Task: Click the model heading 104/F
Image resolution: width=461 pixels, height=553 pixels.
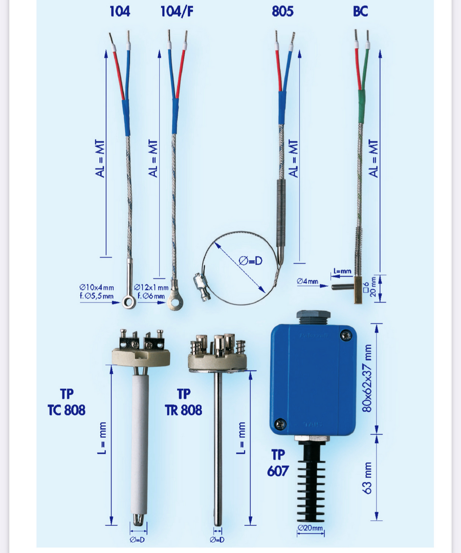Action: [x=177, y=12]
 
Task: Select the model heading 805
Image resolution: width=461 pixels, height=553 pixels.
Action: [x=282, y=11]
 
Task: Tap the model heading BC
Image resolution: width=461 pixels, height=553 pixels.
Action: [x=361, y=11]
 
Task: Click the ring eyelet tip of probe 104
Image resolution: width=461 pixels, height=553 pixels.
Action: [x=128, y=302]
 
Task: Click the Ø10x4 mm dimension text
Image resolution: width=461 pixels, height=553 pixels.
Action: [x=97, y=288]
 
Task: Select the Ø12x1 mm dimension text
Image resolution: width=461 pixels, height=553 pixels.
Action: [x=151, y=288]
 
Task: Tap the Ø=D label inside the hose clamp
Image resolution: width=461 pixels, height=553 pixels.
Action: [x=250, y=261]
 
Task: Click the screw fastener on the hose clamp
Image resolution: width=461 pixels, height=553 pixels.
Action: [x=202, y=286]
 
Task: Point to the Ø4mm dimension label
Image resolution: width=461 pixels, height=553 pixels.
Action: [x=308, y=281]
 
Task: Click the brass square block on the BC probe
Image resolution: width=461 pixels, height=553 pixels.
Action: [x=359, y=289]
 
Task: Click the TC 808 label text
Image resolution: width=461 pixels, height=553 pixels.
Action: [x=67, y=410]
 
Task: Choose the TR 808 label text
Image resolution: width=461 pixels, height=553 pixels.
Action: [x=183, y=410]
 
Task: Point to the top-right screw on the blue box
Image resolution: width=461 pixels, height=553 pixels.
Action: [x=345, y=335]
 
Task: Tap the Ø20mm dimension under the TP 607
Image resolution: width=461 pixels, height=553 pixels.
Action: [x=310, y=528]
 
